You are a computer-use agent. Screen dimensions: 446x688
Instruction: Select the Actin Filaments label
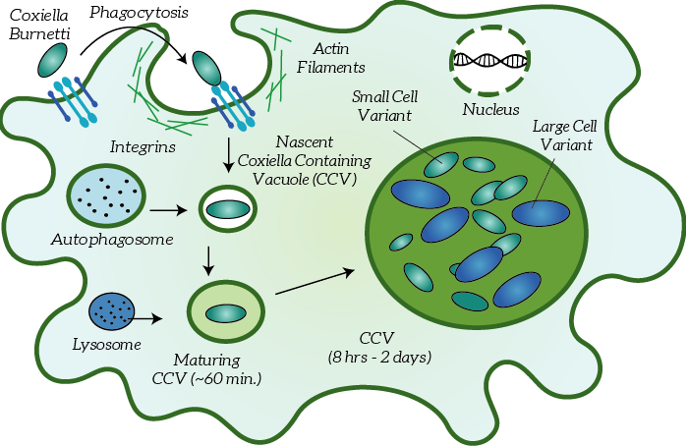[x=338, y=58]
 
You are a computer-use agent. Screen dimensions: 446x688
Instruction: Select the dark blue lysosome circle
[x=110, y=312]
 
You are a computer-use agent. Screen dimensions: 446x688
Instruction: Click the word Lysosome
[x=107, y=344]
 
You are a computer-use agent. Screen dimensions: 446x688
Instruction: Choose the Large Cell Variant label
[x=564, y=137]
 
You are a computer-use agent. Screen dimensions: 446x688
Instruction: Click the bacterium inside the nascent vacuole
[x=227, y=208]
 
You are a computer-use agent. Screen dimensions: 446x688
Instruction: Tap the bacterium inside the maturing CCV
[x=226, y=313]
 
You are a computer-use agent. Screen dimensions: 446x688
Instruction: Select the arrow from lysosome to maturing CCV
[x=147, y=317]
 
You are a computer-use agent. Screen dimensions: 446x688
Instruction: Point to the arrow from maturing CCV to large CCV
[x=315, y=279]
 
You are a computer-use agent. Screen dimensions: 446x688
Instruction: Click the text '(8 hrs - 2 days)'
[x=381, y=356]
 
